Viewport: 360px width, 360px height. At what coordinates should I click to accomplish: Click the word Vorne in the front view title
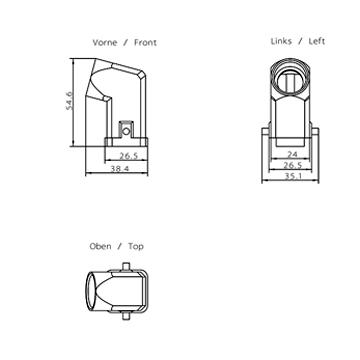(105, 43)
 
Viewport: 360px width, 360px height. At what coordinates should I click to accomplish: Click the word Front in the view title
(145, 43)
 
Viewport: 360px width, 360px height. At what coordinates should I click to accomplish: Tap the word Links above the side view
(281, 41)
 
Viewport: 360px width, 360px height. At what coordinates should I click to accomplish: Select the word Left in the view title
(317, 41)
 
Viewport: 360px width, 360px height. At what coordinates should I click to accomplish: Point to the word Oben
(100, 247)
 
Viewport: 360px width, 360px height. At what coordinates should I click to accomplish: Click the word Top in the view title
(136, 247)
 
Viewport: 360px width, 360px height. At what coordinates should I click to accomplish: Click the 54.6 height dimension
(69, 100)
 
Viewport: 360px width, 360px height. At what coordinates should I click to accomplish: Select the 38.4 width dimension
(120, 169)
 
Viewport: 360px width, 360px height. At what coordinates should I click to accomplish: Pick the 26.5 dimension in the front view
(129, 156)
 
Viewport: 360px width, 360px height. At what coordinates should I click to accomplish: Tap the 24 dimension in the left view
(292, 154)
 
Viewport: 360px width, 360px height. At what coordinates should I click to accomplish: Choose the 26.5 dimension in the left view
(292, 165)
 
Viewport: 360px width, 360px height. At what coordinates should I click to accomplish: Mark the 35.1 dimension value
(292, 177)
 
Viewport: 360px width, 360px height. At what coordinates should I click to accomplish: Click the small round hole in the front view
(126, 132)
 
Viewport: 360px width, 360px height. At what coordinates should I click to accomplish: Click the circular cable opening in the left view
(290, 80)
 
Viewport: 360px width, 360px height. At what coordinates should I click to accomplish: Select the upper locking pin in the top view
(126, 267)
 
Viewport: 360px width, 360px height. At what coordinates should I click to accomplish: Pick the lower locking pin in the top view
(126, 316)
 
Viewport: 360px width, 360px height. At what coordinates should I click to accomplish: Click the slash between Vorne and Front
(126, 43)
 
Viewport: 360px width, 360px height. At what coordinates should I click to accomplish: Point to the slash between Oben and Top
(120, 247)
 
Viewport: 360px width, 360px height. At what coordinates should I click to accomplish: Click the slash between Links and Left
(300, 41)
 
